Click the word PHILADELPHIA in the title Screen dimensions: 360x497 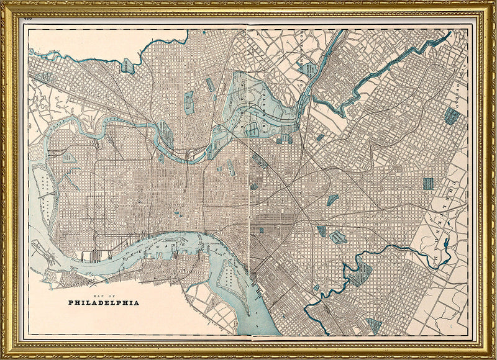point(103,303)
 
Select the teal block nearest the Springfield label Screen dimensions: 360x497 point(451,115)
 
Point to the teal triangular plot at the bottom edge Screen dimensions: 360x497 point(374,325)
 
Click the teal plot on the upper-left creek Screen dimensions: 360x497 point(129,66)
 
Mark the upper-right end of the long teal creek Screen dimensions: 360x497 point(449,34)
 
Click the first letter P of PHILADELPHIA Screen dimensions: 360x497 point(70,303)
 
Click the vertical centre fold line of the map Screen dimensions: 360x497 point(249,186)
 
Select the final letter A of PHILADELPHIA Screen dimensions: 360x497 point(137,303)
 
